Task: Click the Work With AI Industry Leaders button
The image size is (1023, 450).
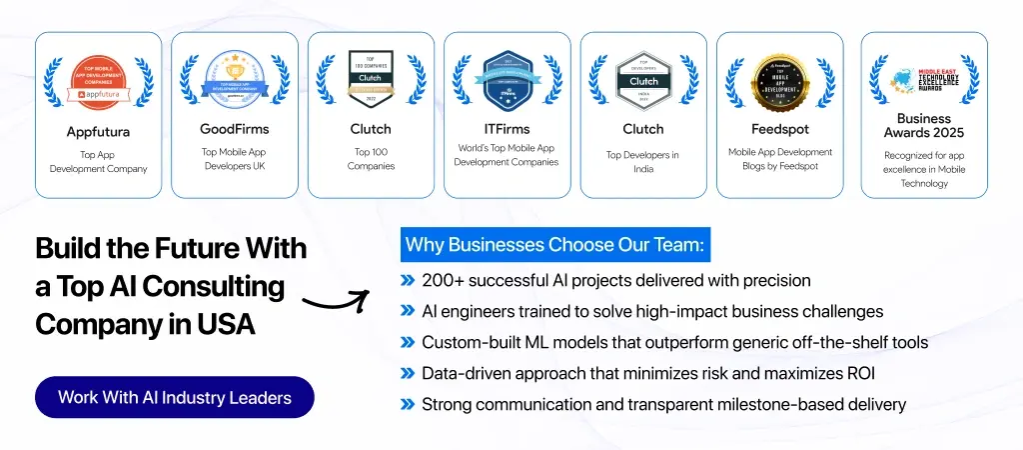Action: coord(175,397)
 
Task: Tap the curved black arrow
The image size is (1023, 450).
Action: coord(336,301)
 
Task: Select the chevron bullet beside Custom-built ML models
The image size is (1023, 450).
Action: coord(408,343)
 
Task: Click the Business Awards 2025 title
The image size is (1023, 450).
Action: coord(923,125)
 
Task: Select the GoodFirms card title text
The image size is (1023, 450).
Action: coord(234,129)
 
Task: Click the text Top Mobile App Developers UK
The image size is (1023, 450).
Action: coord(234,159)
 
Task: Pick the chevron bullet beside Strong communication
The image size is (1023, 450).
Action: coord(408,405)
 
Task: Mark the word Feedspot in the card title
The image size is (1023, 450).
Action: coord(779,129)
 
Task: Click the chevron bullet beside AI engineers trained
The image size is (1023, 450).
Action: coord(408,312)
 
